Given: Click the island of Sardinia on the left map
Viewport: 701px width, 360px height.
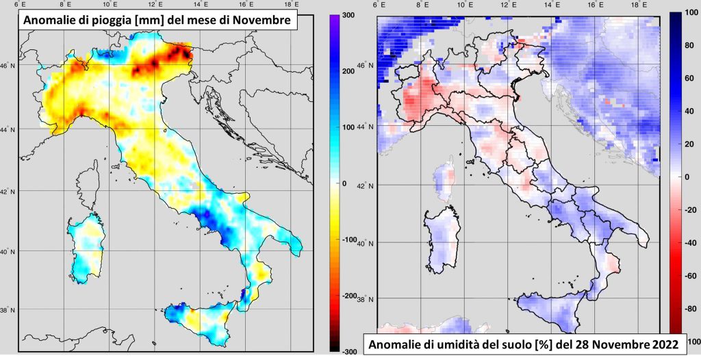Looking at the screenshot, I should (x=86, y=246).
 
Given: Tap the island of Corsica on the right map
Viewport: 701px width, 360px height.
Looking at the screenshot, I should (x=444, y=181).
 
